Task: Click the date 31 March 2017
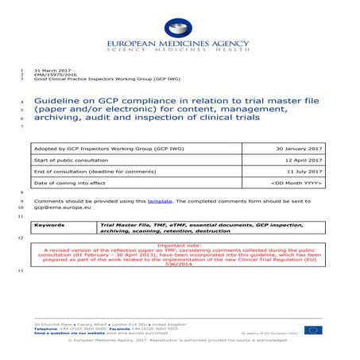47,72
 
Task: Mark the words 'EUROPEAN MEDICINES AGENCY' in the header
180,47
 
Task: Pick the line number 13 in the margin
20,272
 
